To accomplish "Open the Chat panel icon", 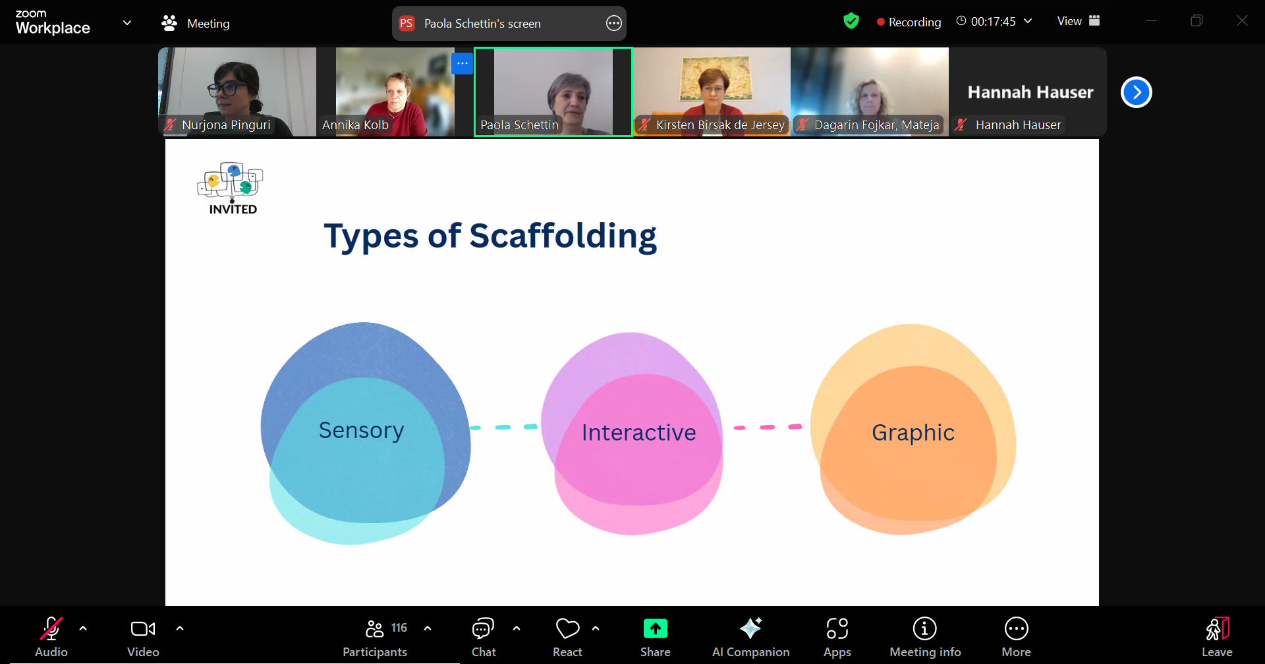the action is click(483, 629).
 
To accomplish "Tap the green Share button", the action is click(656, 629).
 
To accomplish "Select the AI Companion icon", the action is click(751, 628).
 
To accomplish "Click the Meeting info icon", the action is click(925, 629).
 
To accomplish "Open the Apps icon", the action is click(837, 629).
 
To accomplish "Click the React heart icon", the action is click(568, 629).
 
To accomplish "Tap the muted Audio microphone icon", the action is click(51, 629).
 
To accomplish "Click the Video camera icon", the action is click(143, 629).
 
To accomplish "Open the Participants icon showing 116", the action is click(375, 629).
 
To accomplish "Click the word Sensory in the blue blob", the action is click(361, 430).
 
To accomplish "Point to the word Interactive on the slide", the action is click(639, 432).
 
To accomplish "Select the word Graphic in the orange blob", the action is click(913, 433).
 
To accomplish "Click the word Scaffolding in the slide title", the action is click(563, 236).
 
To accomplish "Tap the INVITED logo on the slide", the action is click(231, 188).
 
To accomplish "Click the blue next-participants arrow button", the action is click(1137, 92).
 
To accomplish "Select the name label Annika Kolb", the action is click(355, 124).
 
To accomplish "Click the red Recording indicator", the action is click(909, 22).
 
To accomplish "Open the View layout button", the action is click(1079, 21).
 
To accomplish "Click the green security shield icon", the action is click(851, 21).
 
